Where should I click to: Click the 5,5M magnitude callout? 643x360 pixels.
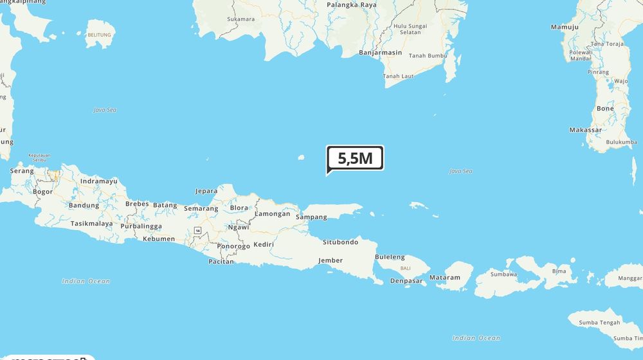[356, 158]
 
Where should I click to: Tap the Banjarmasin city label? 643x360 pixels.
[380, 53]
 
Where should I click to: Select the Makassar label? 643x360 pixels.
[585, 130]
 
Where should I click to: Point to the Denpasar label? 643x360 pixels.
[406, 281]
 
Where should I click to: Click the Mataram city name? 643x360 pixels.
[445, 278]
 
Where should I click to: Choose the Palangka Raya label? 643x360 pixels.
[352, 4]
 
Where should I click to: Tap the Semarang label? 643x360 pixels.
[201, 208]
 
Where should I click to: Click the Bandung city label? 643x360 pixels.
[84, 206]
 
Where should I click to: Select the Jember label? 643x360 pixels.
[331, 260]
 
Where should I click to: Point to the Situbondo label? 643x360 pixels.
[340, 242]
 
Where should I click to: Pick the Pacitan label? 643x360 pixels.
[221, 262]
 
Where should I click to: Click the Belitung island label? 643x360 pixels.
[99, 35]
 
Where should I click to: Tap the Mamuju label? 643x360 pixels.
[565, 27]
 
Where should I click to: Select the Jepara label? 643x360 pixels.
[206, 191]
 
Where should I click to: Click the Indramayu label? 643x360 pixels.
[99, 181]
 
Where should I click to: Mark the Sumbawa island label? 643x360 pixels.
[503, 274]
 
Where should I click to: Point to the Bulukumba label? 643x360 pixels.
[622, 142]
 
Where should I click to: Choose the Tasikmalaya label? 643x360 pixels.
[91, 224]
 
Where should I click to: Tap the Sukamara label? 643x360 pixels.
[240, 19]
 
